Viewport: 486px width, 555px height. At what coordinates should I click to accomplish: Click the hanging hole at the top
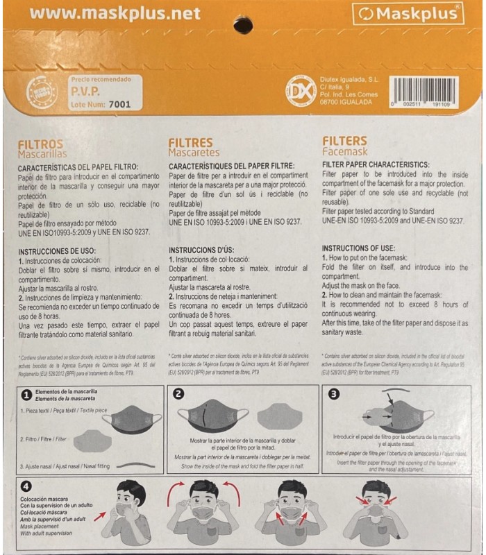tap(242, 25)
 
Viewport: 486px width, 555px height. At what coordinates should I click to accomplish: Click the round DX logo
tap(301, 91)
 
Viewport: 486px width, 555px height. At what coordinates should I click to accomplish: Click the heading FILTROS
tap(40, 143)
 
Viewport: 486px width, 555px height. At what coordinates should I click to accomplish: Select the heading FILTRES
tap(190, 143)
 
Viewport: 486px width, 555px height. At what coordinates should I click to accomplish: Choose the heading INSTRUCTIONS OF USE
tap(358, 248)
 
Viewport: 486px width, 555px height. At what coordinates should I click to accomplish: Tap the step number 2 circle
tap(178, 393)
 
